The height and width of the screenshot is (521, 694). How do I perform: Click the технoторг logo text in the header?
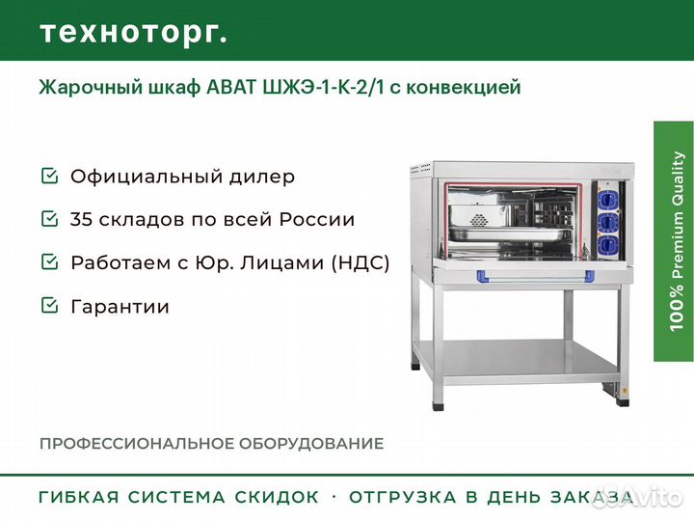[134, 33]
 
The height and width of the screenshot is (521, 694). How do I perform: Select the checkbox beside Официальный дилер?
[49, 176]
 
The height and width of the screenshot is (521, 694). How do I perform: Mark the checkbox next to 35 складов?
[49, 218]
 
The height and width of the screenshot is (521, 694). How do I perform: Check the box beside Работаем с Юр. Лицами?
[49, 261]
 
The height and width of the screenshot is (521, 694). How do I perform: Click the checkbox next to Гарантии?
[49, 305]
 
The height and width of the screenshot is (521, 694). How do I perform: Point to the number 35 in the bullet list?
[81, 219]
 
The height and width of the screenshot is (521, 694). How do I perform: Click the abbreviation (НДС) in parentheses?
[360, 262]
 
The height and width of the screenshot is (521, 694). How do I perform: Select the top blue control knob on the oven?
[608, 199]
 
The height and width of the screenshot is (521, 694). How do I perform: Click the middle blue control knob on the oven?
[608, 222]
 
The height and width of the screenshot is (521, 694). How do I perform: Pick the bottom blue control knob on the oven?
[608, 244]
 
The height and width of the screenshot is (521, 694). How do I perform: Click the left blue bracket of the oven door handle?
[482, 277]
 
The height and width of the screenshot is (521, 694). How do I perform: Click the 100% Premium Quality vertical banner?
[673, 241]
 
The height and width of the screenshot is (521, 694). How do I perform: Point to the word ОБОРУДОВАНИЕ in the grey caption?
[311, 444]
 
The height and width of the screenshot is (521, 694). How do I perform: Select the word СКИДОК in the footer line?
[277, 497]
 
